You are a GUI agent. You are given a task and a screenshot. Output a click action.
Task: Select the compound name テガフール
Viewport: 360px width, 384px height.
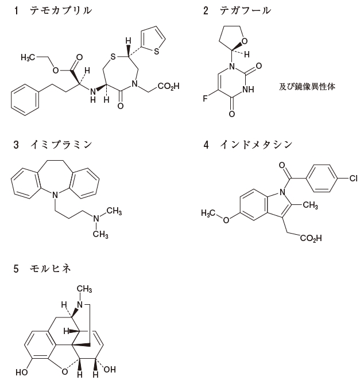click(x=245, y=11)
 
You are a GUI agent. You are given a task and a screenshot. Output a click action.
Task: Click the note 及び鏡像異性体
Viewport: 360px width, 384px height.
click(x=305, y=87)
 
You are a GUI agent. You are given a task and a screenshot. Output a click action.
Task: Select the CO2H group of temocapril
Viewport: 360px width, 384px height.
click(x=168, y=87)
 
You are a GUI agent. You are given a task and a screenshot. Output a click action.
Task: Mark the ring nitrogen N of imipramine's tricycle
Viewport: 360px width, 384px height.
click(x=55, y=196)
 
